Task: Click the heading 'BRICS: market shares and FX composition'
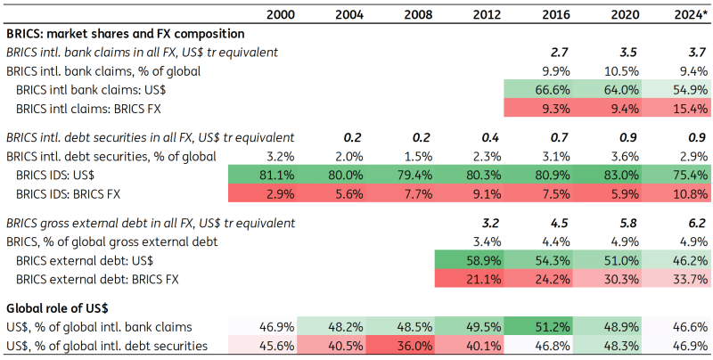126,34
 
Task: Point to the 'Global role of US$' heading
57,308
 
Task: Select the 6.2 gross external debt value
696,223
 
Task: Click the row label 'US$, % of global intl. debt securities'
107,345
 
